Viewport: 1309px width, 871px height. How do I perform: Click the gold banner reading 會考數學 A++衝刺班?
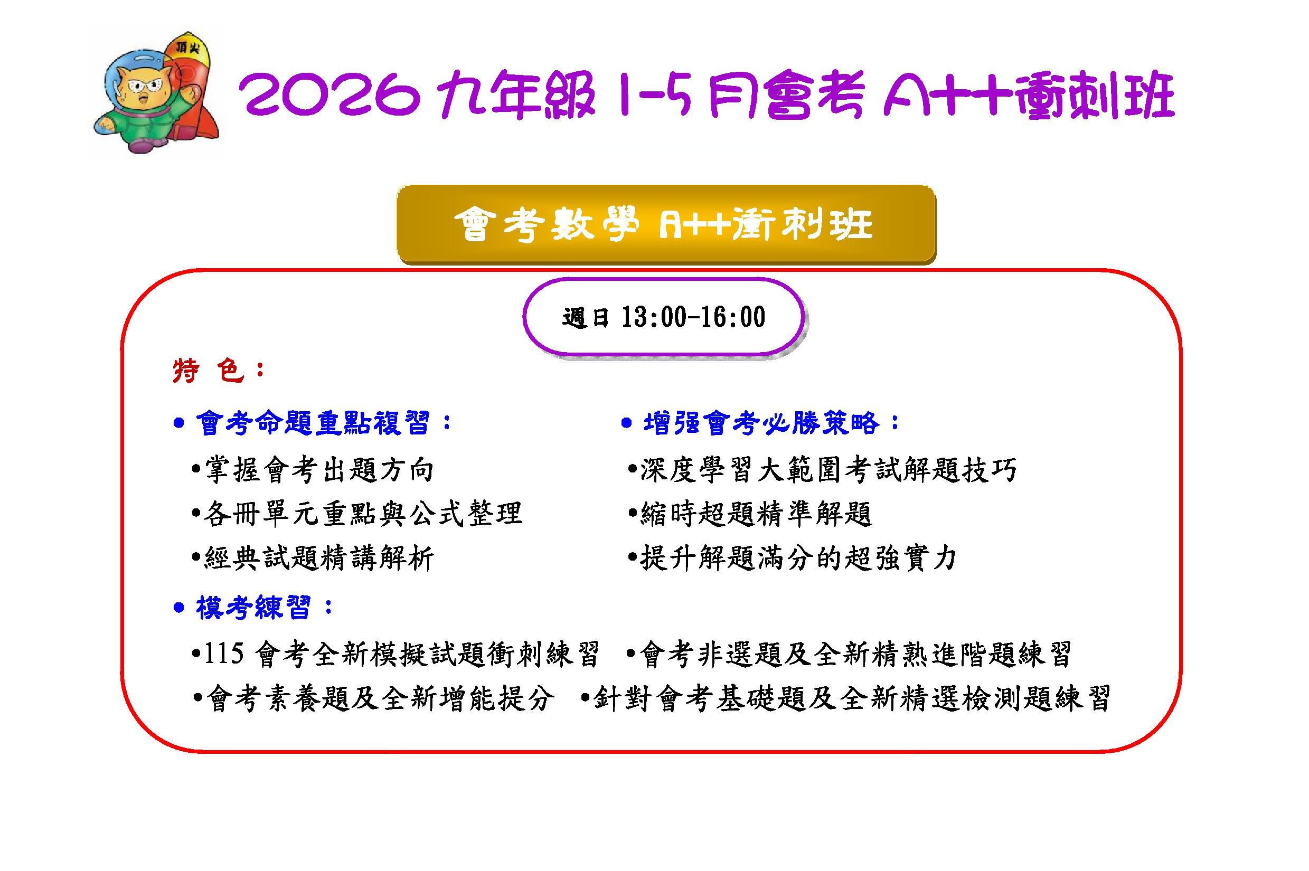[x=666, y=224]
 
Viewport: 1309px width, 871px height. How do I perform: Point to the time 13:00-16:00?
[x=693, y=317]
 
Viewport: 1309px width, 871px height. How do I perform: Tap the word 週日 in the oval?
[x=586, y=318]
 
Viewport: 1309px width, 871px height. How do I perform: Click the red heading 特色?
[x=209, y=371]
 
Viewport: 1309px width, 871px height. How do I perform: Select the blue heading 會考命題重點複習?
[x=313, y=424]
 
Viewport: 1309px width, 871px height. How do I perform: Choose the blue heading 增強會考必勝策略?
[x=762, y=423]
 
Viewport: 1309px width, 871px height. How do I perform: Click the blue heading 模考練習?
[x=253, y=608]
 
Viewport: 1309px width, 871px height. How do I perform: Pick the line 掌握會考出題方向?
[x=319, y=470]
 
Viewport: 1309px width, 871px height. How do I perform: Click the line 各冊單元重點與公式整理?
[x=363, y=513]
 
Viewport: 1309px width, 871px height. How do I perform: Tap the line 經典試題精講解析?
[x=319, y=558]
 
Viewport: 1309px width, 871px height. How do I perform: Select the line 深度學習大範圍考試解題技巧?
[x=828, y=470]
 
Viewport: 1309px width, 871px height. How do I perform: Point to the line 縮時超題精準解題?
[x=756, y=513]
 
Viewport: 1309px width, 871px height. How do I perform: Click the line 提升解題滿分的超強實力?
[x=798, y=558]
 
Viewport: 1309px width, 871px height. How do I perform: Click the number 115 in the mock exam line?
[x=224, y=655]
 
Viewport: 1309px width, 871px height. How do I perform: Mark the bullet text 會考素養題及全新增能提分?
[x=380, y=698]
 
